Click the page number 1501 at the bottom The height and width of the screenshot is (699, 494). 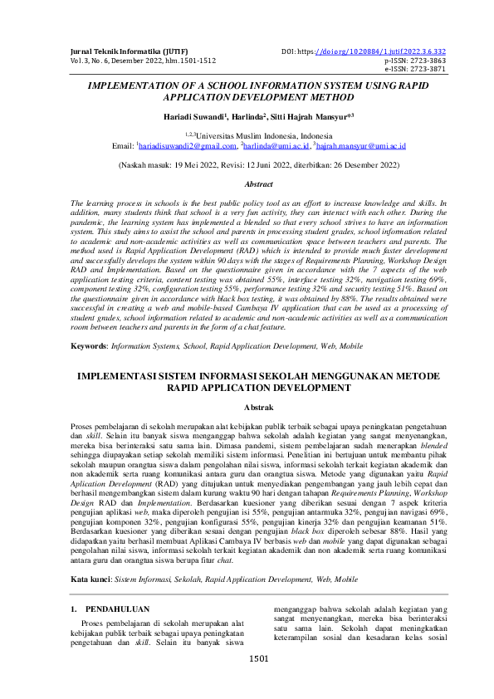tap(259, 683)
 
